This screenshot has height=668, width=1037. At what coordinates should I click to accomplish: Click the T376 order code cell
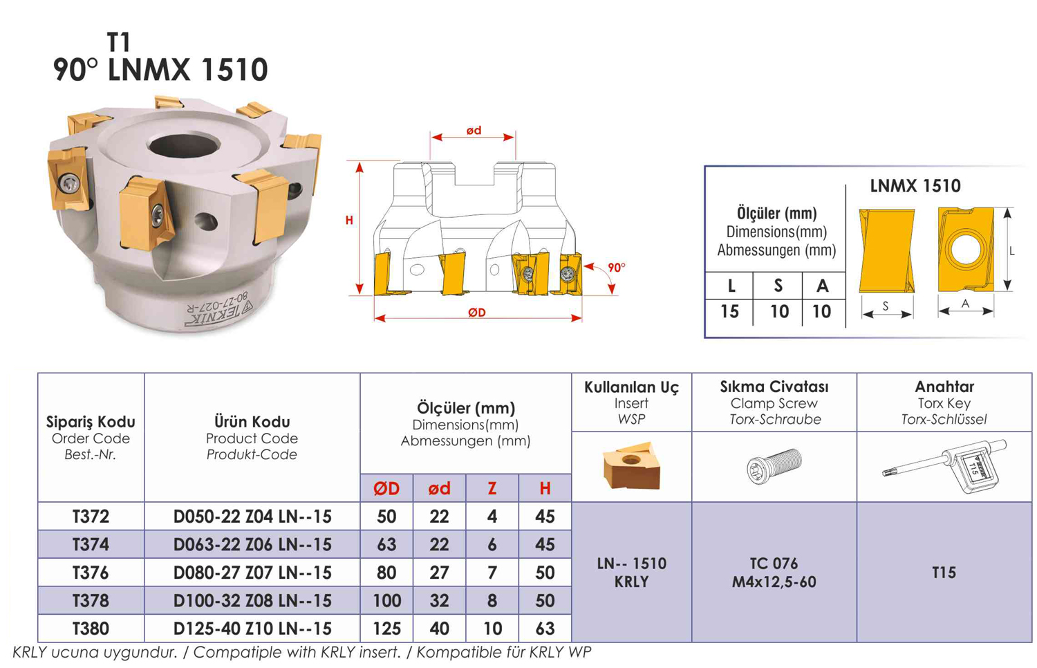point(91,573)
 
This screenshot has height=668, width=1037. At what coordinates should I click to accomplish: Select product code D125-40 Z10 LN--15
point(252,629)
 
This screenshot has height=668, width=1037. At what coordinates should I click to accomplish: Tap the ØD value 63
point(386,544)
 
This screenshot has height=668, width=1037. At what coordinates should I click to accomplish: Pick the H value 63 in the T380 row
point(545,629)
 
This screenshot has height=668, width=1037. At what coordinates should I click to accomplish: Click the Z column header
point(492,488)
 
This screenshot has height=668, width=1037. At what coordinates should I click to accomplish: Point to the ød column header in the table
point(439,488)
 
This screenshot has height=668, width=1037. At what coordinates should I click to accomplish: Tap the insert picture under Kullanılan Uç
point(631,465)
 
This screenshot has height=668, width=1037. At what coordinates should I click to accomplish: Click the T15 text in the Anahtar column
point(944,573)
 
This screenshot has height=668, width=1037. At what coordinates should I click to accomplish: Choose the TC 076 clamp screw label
point(774,564)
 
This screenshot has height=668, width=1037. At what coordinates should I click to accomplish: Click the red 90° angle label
point(616,268)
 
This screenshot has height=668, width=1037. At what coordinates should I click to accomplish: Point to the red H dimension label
point(349,221)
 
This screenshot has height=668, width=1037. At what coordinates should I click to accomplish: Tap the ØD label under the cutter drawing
point(477,313)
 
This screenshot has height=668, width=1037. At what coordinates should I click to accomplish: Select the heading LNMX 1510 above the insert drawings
point(915,186)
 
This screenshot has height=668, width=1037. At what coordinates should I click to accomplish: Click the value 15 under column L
point(729,312)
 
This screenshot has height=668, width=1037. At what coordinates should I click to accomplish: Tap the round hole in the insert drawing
point(965,250)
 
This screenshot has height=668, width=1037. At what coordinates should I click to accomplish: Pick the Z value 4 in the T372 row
point(492,517)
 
